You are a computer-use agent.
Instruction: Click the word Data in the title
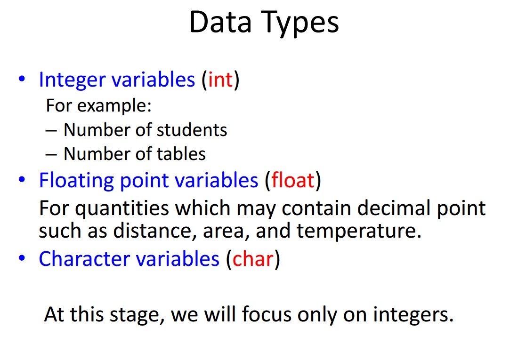pyautogui.click(x=220, y=22)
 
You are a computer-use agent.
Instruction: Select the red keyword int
pyautogui.click(x=220, y=80)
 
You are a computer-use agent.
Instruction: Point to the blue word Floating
pyautogui.click(x=76, y=181)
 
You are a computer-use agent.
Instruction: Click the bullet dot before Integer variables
pyautogui.click(x=22, y=79)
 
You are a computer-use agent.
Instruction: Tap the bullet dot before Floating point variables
pyautogui.click(x=22, y=179)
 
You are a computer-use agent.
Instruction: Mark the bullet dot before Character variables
pyautogui.click(x=22, y=257)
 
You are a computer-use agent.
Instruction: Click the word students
pyautogui.click(x=192, y=130)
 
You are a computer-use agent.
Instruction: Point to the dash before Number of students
pyautogui.click(x=51, y=131)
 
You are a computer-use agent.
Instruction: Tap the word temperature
pyautogui.click(x=359, y=232)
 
